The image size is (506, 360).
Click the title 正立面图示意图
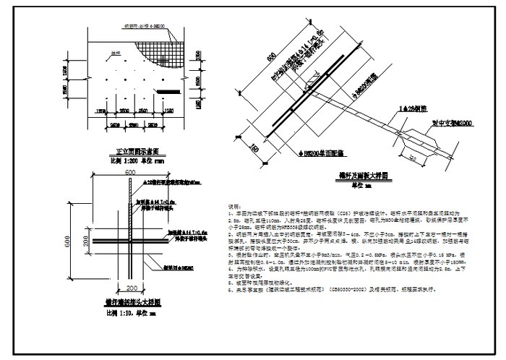141,153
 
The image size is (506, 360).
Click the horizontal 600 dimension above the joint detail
130,173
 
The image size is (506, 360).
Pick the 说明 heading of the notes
233,205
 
